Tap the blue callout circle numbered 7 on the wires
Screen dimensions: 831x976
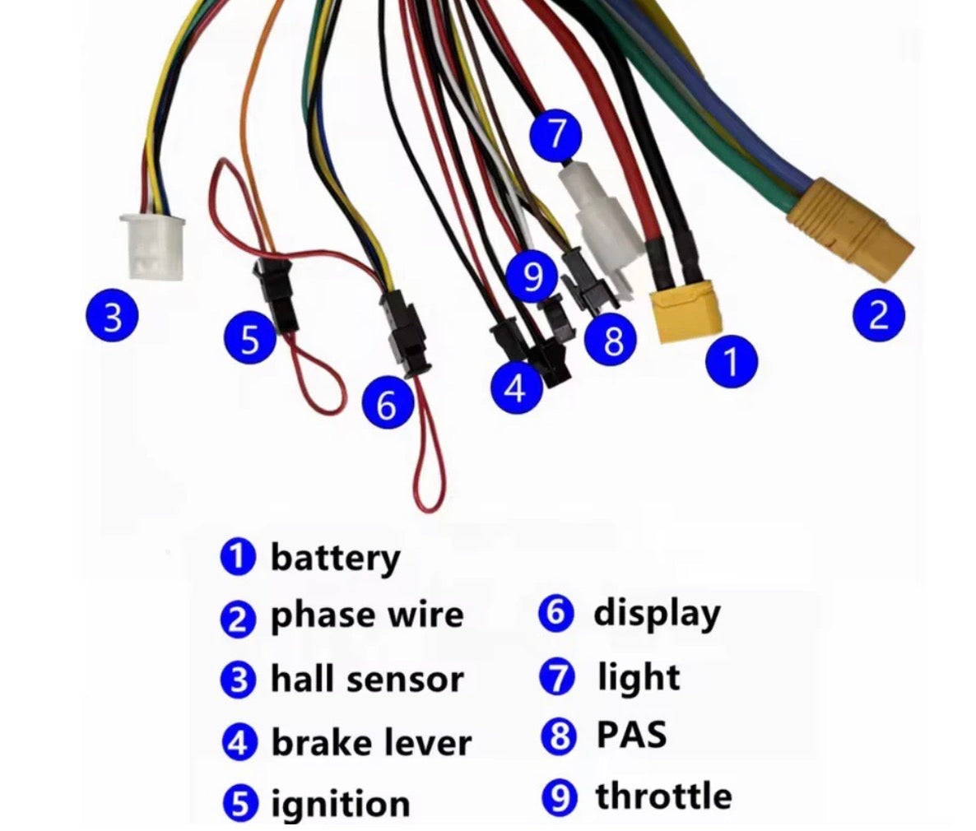click(556, 134)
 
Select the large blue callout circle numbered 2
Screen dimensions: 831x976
click(878, 314)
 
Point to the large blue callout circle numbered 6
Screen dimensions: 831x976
click(387, 403)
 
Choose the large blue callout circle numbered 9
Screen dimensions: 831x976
click(532, 277)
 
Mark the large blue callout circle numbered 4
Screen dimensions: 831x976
click(516, 387)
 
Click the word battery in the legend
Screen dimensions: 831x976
click(335, 558)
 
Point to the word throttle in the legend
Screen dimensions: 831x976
click(663, 796)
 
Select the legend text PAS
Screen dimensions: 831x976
click(631, 735)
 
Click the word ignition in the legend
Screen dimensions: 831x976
click(340, 804)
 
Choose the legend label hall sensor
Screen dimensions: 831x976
click(367, 680)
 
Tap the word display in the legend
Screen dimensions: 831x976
click(657, 614)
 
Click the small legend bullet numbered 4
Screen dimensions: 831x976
click(238, 743)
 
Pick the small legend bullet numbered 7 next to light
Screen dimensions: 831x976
click(557, 677)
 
